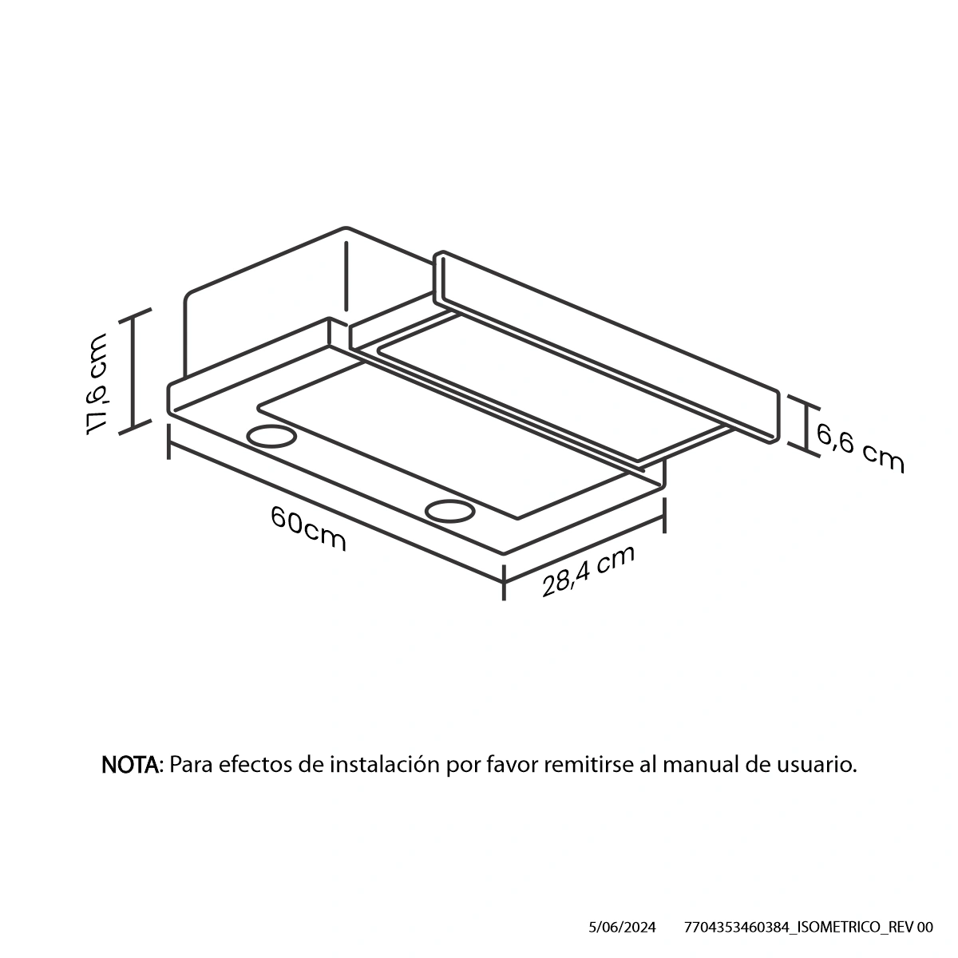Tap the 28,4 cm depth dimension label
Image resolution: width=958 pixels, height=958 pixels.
pos(588,571)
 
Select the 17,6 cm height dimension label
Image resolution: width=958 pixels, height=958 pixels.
pos(96,384)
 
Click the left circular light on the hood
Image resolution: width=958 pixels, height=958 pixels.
pos(271,436)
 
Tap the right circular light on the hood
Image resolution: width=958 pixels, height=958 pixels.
pos(450,511)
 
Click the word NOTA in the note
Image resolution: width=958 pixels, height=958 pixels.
pos(131,765)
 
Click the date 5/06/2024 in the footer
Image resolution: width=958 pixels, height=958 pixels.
pos(622,928)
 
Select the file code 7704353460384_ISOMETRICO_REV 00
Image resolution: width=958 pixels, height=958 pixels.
pos(809,928)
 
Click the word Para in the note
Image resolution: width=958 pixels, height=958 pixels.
pos(192,765)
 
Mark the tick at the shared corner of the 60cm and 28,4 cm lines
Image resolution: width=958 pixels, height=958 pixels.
pos(504,582)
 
